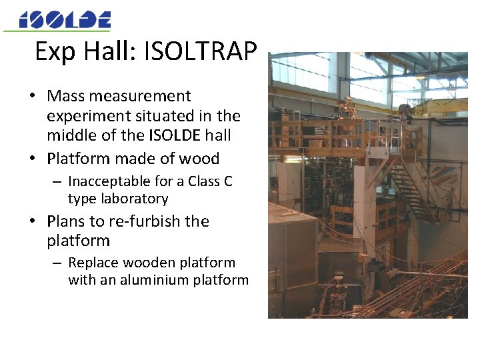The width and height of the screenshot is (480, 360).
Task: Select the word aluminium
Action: [146, 280]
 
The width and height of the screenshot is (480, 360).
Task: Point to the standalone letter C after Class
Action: [228, 181]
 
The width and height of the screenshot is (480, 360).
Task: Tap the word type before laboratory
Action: [83, 199]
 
